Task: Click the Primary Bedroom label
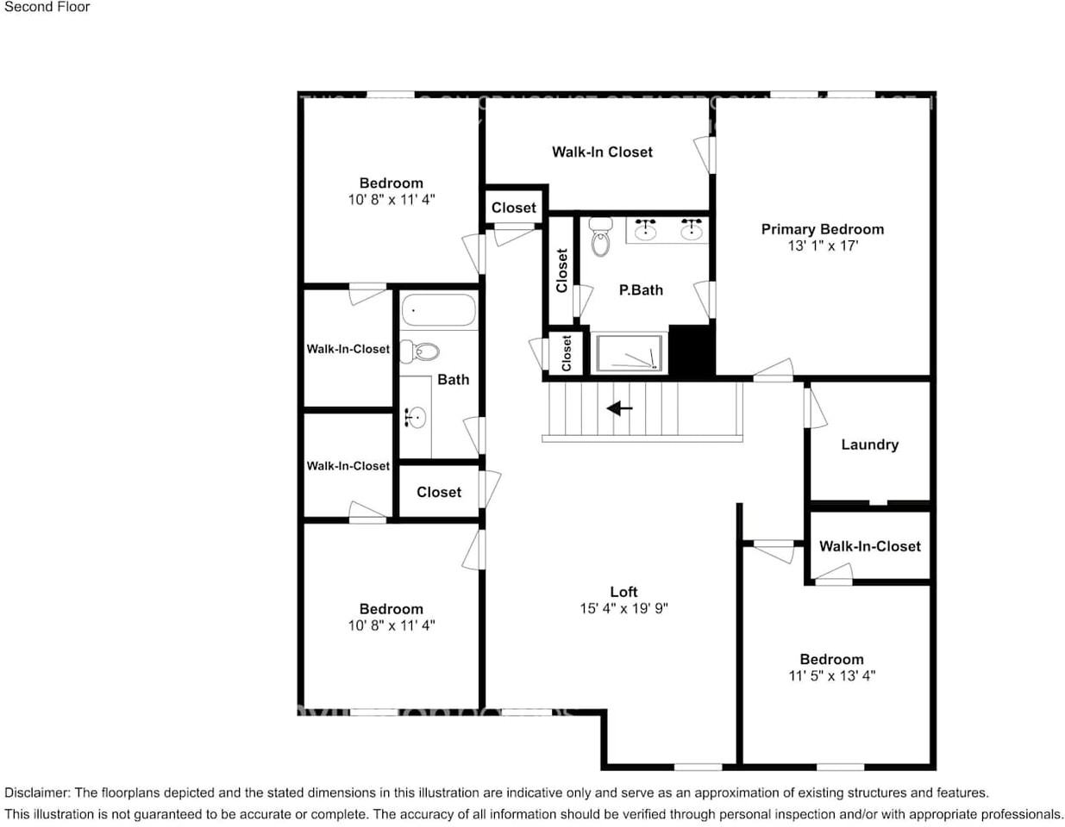click(822, 229)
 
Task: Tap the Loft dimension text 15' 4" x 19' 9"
click(623, 608)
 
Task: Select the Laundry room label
click(869, 445)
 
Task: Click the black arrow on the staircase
click(619, 407)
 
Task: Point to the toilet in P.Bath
click(600, 238)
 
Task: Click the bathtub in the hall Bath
click(438, 311)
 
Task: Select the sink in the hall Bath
click(415, 419)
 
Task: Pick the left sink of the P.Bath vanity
click(645, 229)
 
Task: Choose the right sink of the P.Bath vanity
click(691, 229)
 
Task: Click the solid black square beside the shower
click(692, 350)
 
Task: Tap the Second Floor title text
click(47, 7)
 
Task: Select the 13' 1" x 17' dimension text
click(822, 246)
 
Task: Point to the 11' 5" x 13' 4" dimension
click(831, 675)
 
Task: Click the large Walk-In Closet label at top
click(602, 152)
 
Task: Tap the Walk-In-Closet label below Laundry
click(869, 546)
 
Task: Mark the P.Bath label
click(641, 290)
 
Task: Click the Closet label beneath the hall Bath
click(439, 492)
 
